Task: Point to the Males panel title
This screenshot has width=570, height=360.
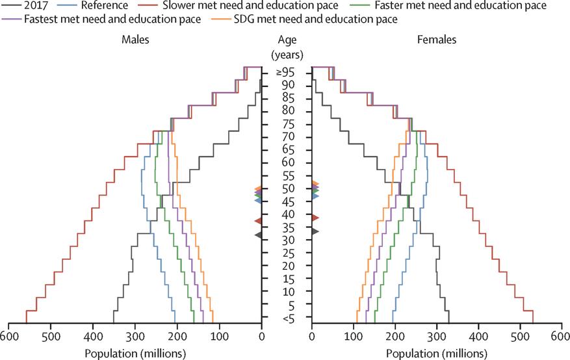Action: coord(136,40)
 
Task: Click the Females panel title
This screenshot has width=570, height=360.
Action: coord(437,40)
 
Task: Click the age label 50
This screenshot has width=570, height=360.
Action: coord(286,188)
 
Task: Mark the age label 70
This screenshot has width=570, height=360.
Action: coord(286,136)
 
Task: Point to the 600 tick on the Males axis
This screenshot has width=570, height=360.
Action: coord(8,336)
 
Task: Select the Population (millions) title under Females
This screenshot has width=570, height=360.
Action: coord(437,353)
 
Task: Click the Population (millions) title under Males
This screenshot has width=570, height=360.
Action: coord(136,353)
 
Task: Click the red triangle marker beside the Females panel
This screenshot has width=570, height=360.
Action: coord(315,218)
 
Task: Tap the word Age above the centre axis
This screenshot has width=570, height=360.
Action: coord(286,40)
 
